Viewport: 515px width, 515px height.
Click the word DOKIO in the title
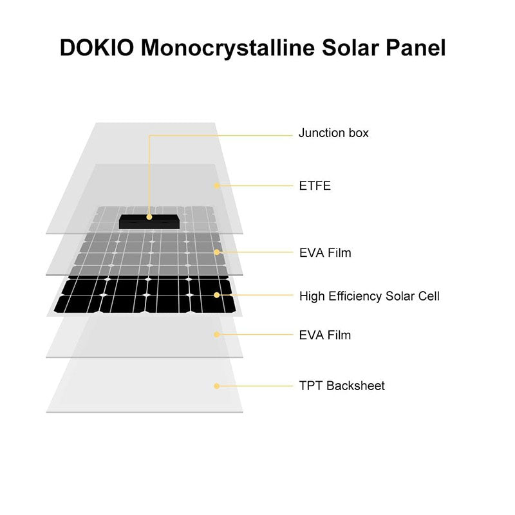pyautogui.click(x=97, y=48)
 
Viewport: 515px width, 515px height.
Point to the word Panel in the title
pyautogui.click(x=416, y=48)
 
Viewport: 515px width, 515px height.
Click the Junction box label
pyautogui.click(x=333, y=133)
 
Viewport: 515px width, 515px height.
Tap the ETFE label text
pyautogui.click(x=315, y=186)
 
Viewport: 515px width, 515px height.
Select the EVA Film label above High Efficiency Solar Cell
pyautogui.click(x=325, y=252)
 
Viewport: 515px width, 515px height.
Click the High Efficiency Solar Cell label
pyautogui.click(x=369, y=296)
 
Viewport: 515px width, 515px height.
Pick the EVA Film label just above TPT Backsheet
pyautogui.click(x=325, y=335)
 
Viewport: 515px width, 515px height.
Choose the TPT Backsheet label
pyautogui.click(x=342, y=386)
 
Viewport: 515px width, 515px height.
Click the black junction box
pyautogui.click(x=149, y=221)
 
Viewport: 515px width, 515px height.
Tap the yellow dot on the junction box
pyautogui.click(x=149, y=217)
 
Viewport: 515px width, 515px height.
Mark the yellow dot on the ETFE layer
pyautogui.click(x=217, y=186)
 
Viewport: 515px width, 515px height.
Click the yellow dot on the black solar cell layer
pyautogui.click(x=217, y=295)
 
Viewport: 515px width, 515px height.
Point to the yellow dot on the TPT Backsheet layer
pyautogui.click(x=217, y=386)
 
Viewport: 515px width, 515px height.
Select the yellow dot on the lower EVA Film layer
pyautogui.click(x=217, y=335)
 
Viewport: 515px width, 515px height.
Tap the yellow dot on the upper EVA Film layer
pyautogui.click(x=217, y=252)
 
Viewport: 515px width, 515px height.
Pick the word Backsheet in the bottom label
pyautogui.click(x=356, y=386)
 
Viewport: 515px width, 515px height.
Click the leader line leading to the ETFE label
pyautogui.click(x=255, y=186)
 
